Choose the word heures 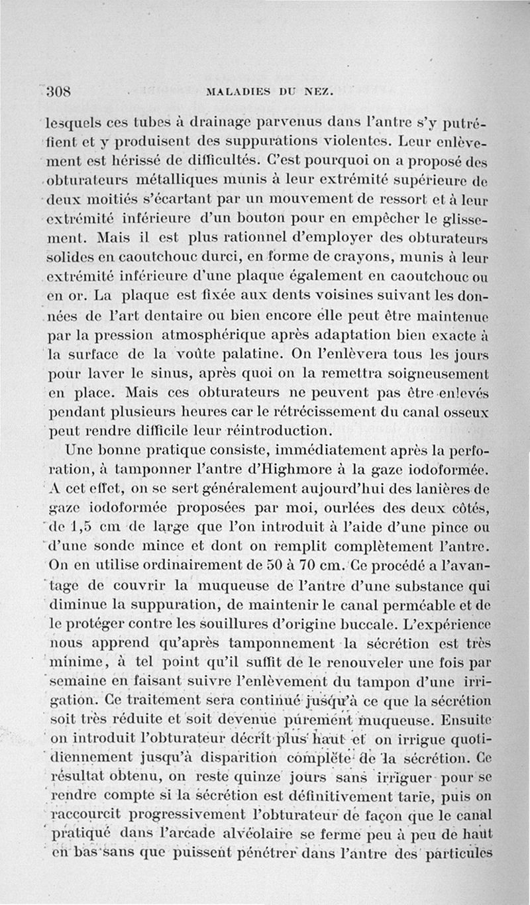(x=194, y=411)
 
